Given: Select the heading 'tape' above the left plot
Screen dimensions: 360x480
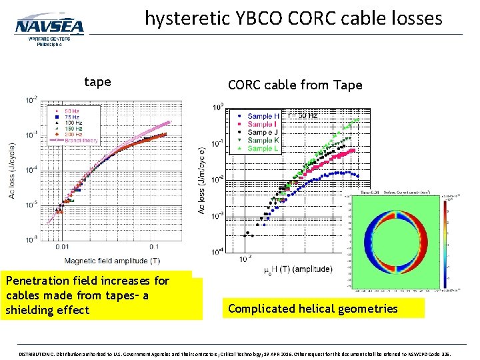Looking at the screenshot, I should [x=97, y=82].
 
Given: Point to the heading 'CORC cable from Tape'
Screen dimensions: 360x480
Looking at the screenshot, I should [x=295, y=85].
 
